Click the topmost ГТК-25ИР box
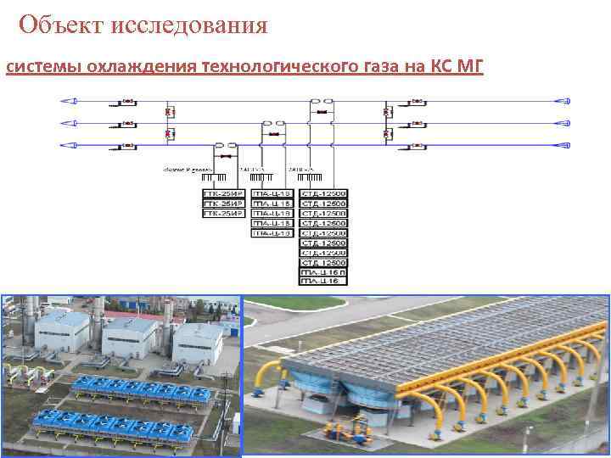[x=222, y=194]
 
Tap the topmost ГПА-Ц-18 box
[x=272, y=194]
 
